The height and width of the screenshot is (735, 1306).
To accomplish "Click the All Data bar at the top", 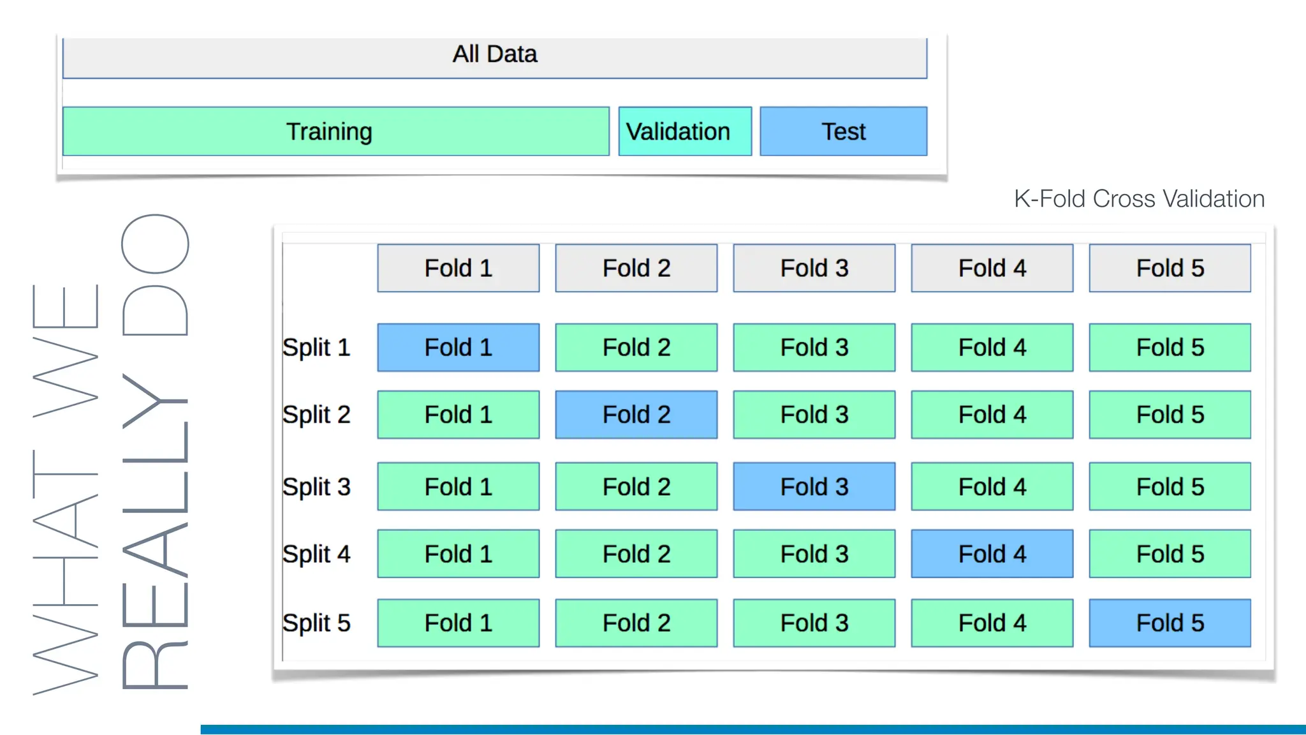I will tap(495, 56).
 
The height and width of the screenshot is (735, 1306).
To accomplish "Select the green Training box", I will tap(335, 131).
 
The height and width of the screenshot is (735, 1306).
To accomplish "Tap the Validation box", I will tap(684, 131).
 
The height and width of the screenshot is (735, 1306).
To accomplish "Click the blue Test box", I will tap(843, 131).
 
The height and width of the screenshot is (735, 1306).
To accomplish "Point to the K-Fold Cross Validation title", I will tap(1139, 199).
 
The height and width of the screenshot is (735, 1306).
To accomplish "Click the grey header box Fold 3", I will tap(814, 268).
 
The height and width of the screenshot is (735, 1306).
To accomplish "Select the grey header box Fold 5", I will tap(1170, 268).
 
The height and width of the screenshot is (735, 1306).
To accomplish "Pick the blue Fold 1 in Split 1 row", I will tap(458, 348).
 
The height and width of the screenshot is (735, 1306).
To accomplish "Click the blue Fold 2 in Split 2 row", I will tap(636, 415).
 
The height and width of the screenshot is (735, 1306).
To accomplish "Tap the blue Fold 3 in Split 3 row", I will tap(814, 487).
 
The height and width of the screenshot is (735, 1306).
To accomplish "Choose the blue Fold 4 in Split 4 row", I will tap(992, 554).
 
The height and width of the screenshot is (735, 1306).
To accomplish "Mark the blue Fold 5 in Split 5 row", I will tap(1170, 623).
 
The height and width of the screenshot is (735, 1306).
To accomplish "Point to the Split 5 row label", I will tap(316, 623).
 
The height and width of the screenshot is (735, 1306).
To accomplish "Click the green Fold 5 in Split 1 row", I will tap(1170, 348).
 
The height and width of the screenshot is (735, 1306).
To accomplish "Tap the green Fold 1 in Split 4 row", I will tap(458, 554).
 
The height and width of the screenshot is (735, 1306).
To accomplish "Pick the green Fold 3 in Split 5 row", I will tap(814, 623).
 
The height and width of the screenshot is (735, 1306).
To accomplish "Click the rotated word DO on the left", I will tap(155, 274).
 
